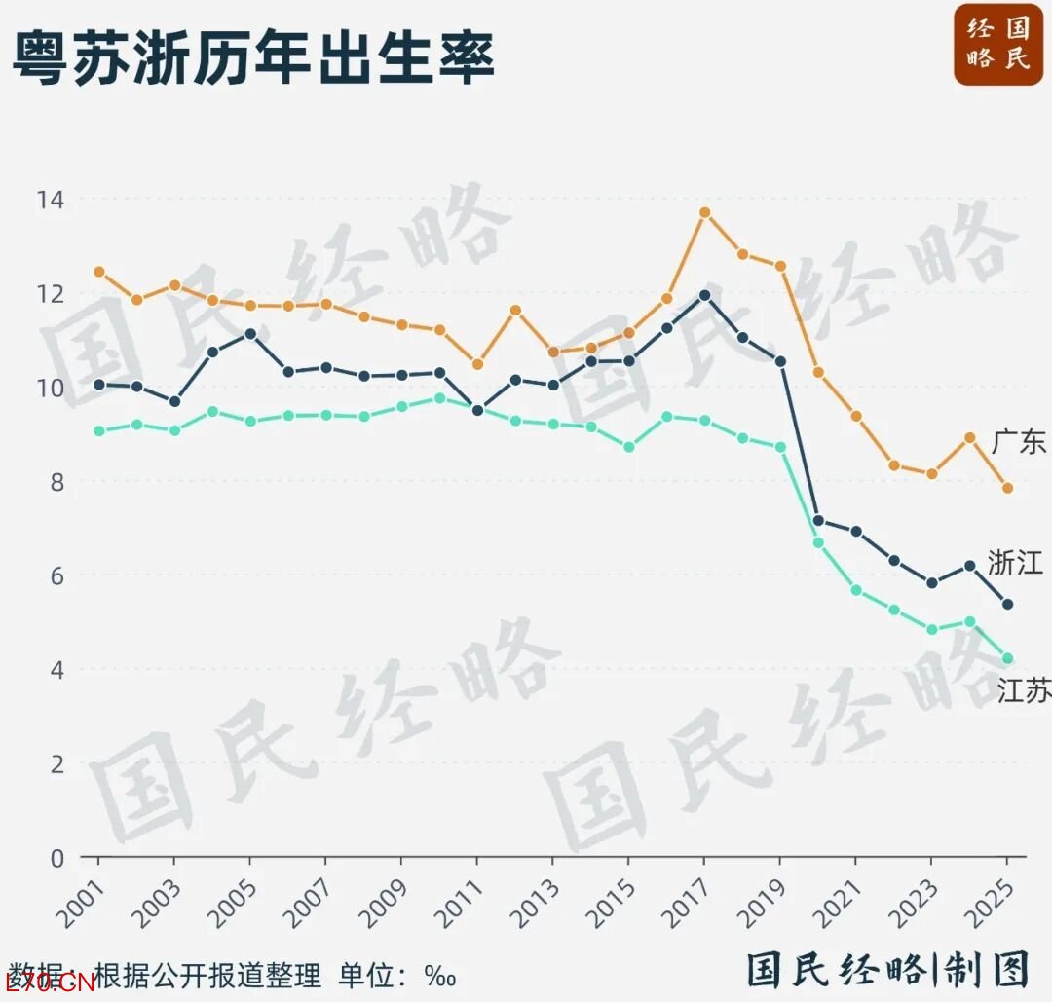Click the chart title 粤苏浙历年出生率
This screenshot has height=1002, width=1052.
pos(253,56)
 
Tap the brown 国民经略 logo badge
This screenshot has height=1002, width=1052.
pos(998,45)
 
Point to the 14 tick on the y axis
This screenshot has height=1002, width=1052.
pos(51,200)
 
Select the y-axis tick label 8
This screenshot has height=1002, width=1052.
pos(57,482)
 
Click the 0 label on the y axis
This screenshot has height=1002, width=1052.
pos(57,859)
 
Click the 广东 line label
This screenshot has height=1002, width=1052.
pos(1019,443)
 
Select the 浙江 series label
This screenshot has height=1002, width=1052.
pos(1015,563)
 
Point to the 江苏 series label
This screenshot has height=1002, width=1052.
pos(1024,690)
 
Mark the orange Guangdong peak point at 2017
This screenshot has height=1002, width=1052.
pos(704,212)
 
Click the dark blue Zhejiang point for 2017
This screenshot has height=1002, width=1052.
pos(704,295)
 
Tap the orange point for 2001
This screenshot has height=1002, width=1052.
pos(99,272)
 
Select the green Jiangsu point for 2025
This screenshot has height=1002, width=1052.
pos(1007,658)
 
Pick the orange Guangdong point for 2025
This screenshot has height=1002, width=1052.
pos(1007,488)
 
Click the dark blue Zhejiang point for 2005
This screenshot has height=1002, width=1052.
pos(250,334)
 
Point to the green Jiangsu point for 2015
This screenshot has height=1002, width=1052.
pos(628,447)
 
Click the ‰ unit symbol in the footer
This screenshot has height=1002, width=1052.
pos(440,977)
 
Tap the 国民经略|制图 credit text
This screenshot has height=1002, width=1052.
pos(889,970)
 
